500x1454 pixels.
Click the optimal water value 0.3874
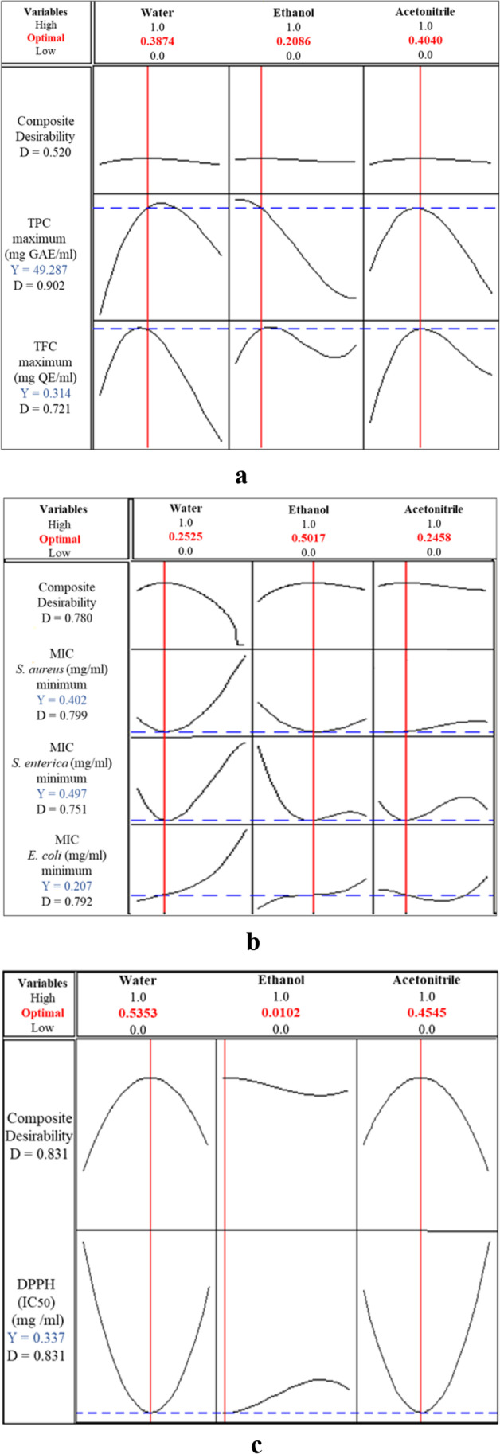[x=158, y=41]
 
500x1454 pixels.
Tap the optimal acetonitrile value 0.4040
[x=425, y=41]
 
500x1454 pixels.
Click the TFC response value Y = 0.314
[x=45, y=393]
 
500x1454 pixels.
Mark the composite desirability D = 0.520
[x=45, y=152]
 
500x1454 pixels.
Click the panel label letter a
[x=241, y=476]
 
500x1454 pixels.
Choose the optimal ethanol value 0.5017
[x=308, y=538]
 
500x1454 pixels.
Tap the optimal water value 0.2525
[x=186, y=537]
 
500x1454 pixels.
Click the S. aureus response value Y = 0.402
[x=61, y=700]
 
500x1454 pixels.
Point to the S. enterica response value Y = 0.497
[x=61, y=793]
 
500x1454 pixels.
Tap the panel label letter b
[x=253, y=942]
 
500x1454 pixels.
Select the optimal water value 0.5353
[x=138, y=1013]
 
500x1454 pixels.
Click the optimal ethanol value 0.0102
[x=281, y=1013]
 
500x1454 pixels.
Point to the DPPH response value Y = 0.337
[x=37, y=1339]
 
